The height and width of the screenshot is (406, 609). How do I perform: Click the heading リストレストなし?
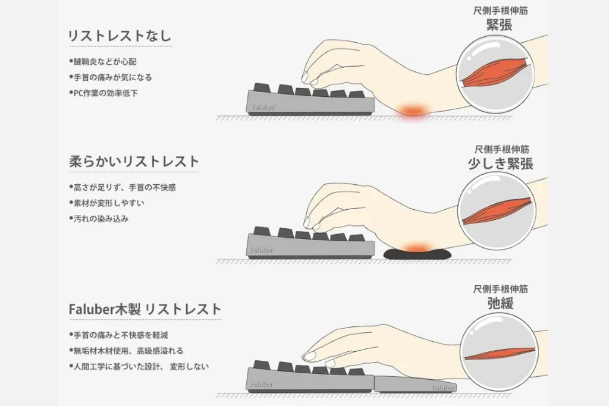pos(120,36)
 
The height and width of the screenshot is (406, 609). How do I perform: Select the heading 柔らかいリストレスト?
pos(134,162)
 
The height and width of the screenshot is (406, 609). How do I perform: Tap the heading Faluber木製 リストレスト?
pos(145,309)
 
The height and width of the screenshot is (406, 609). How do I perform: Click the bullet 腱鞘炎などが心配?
pos(103,62)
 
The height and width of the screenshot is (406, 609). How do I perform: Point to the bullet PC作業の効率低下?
pos(103,93)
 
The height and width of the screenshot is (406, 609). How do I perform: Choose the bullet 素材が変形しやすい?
pos(106,203)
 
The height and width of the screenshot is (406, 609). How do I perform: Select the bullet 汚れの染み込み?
pos(99,219)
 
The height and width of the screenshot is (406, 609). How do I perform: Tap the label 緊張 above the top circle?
pos(500,25)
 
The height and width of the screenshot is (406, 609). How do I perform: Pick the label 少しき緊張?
pos(500,164)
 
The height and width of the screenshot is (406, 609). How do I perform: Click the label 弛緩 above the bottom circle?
pos(500,303)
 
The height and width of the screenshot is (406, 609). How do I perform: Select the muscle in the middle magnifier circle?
pos(497,212)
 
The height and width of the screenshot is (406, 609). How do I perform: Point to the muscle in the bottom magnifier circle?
pos(500,354)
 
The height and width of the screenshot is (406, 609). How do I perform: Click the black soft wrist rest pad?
pos(417,254)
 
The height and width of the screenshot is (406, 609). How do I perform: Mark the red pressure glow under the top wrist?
pos(413,110)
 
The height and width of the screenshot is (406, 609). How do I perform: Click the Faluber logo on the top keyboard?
pos(263,108)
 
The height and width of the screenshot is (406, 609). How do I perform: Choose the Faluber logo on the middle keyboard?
pos(262,250)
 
